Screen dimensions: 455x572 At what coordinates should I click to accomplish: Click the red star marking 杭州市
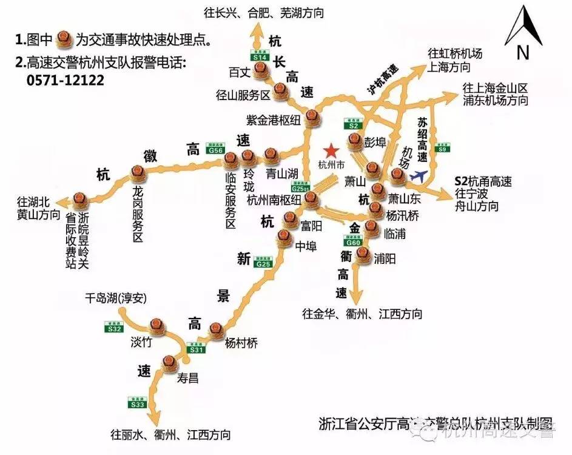[x=331, y=150]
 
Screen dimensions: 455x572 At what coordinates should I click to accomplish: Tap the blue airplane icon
[x=418, y=175]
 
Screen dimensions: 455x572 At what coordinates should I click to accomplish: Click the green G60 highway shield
[x=354, y=241]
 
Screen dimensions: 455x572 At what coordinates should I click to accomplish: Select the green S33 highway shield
[x=138, y=402]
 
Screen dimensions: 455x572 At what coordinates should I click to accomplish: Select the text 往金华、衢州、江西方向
[x=362, y=314]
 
